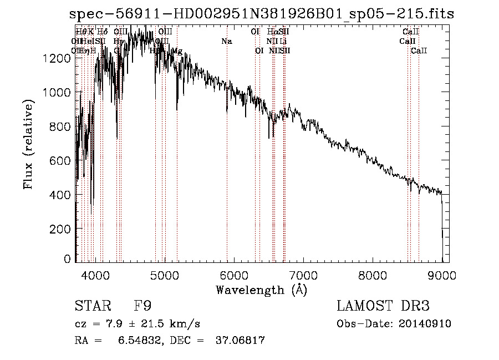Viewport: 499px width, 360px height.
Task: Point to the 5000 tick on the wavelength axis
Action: (165, 274)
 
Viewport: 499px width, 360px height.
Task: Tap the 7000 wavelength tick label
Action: (303, 274)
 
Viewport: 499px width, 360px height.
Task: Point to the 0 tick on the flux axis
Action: (68, 259)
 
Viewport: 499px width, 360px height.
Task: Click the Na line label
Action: (227, 42)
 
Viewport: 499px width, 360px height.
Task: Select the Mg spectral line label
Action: (177, 51)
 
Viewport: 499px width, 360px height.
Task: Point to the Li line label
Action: (283, 42)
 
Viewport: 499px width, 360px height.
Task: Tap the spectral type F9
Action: (142, 306)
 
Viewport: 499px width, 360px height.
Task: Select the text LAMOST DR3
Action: (383, 306)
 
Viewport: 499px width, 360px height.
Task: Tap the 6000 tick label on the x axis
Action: (234, 274)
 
